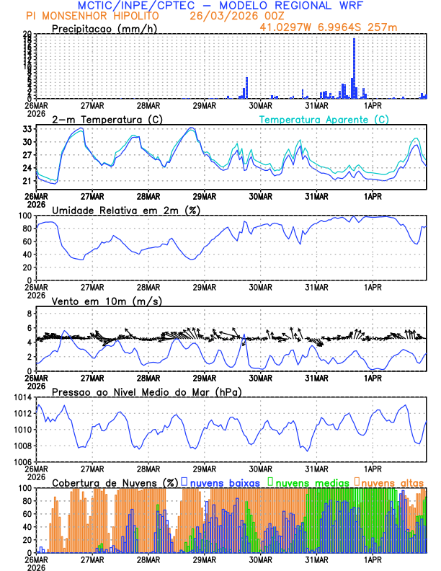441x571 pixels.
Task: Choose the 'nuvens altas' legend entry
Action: pyautogui.click(x=392, y=482)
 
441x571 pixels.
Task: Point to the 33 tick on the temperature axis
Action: pyautogui.click(x=27, y=129)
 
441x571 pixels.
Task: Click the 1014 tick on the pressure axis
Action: pyautogui.click(x=22, y=397)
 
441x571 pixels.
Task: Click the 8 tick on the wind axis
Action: pyautogui.click(x=30, y=314)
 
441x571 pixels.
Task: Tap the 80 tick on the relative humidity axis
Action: pyautogui.click(x=27, y=229)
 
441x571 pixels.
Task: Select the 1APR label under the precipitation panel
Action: pyautogui.click(x=373, y=105)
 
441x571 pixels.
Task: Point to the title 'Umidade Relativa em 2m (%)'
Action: pyautogui.click(x=122, y=210)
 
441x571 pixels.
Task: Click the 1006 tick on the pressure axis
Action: pyautogui.click(x=22, y=461)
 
